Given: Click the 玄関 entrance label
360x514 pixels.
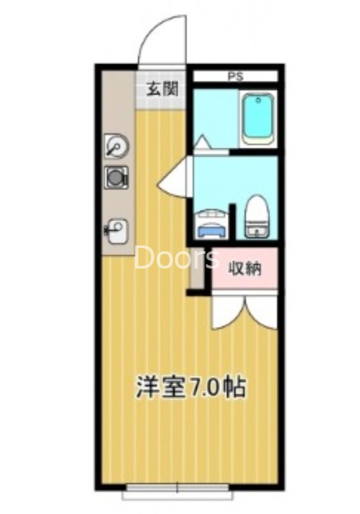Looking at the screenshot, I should tap(161, 89).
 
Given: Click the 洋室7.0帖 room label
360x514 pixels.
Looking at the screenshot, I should tap(190, 387).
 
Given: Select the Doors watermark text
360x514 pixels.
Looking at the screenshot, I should tap(177, 258).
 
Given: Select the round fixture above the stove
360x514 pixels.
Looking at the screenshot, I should tap(116, 146).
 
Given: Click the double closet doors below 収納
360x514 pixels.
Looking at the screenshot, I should tap(244, 310).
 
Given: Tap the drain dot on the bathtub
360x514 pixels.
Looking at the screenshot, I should tap(258, 100).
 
